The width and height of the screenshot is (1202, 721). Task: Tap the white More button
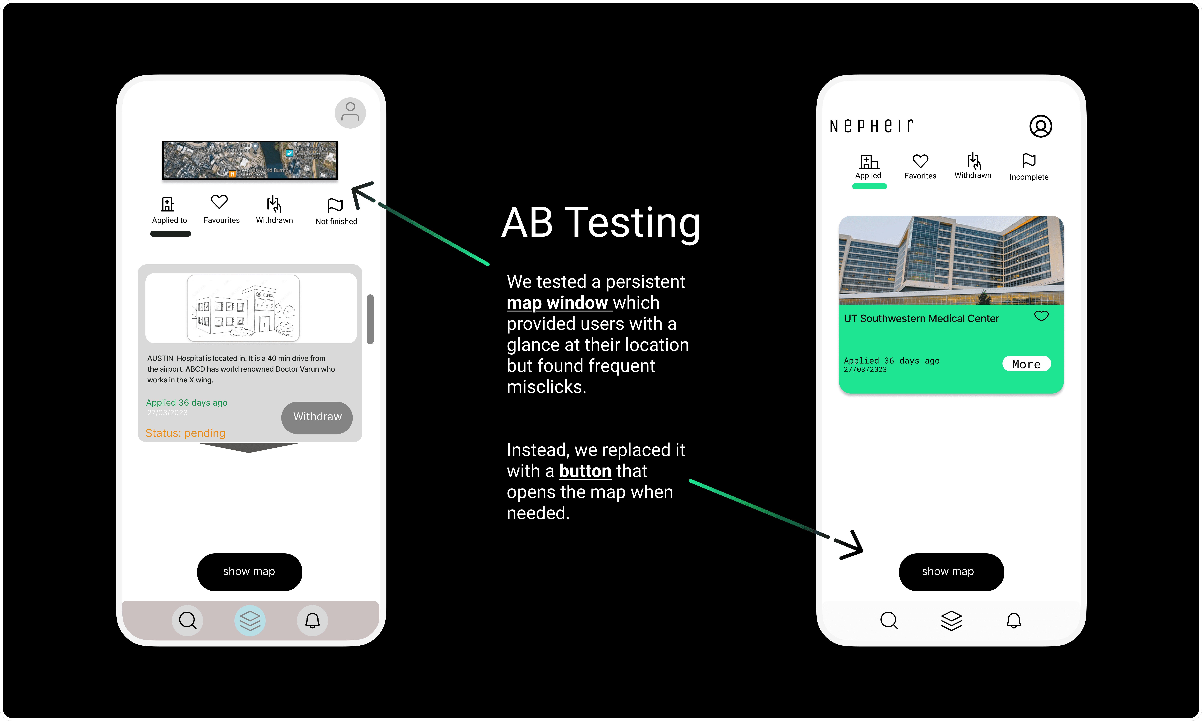coord(1026,364)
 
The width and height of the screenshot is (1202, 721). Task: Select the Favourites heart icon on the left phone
coord(219,202)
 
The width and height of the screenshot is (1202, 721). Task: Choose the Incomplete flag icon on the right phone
coord(1029,160)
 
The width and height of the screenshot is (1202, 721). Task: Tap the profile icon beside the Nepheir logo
coord(1040,126)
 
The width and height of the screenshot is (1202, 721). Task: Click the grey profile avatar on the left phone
coord(350,113)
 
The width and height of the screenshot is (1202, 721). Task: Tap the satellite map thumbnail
coord(250,160)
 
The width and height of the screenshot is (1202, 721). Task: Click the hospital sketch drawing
coord(243,308)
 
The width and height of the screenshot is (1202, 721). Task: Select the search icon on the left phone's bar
coord(188,620)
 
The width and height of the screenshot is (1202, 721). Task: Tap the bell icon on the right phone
coord(1013,620)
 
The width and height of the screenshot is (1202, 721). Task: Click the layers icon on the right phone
coord(951,620)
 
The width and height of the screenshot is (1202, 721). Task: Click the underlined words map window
coord(557,303)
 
